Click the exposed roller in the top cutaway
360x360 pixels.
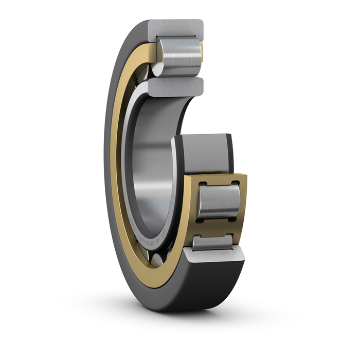[x=180, y=56]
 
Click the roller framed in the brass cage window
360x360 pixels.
[x=219, y=201]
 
